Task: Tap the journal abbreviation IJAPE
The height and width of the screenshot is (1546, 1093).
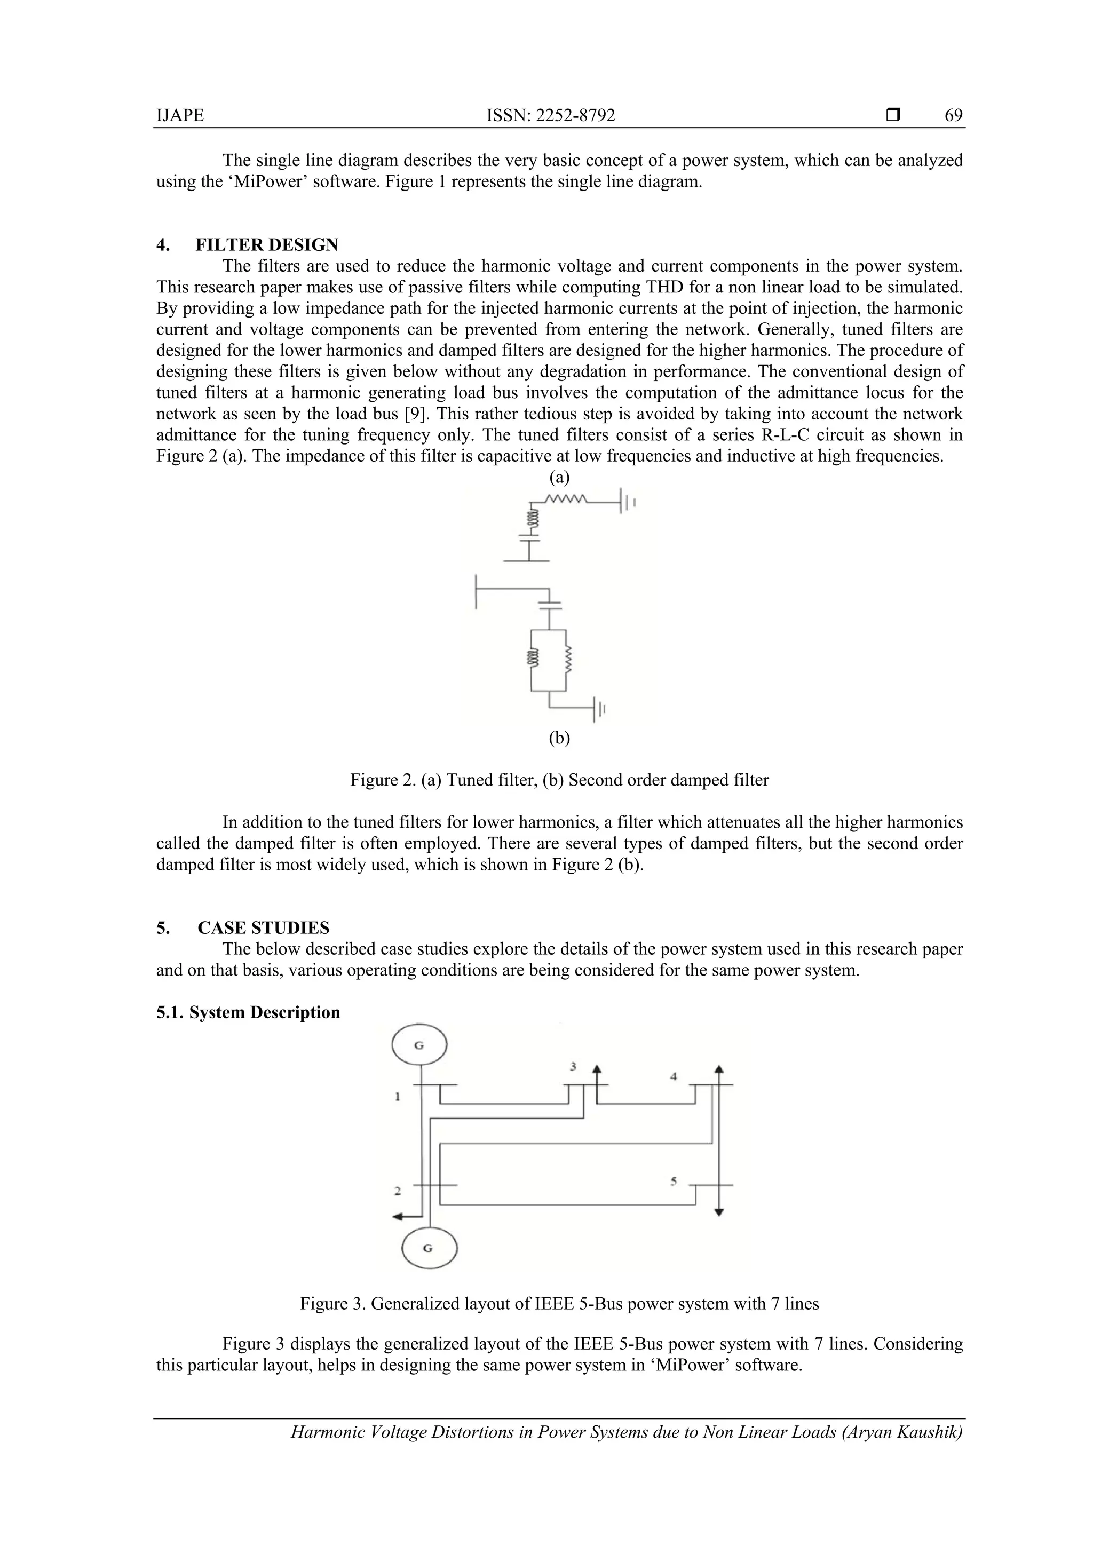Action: pyautogui.click(x=180, y=116)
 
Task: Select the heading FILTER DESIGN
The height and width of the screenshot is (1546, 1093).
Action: pyautogui.click(x=267, y=244)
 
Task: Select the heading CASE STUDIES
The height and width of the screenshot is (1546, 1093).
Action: pyautogui.click(x=263, y=928)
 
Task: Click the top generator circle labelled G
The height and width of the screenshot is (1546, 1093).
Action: pyautogui.click(x=419, y=1045)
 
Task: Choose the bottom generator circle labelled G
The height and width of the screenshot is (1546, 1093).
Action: pyautogui.click(x=429, y=1248)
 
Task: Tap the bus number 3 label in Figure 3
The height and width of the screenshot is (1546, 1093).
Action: pyautogui.click(x=573, y=1067)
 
